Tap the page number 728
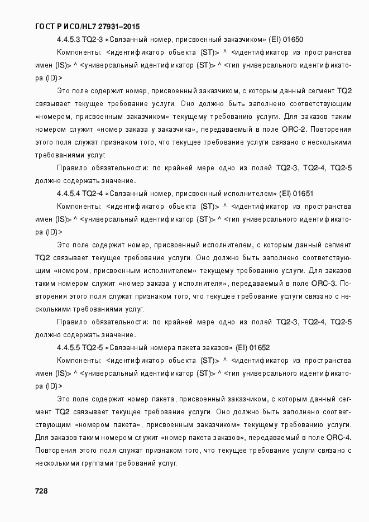tap(41, 491)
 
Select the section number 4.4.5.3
tap(68, 40)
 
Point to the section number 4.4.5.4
tap(68, 193)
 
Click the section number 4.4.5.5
tap(68, 347)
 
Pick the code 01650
tap(294, 40)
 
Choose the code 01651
tap(303, 193)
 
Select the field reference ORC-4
tap(339, 437)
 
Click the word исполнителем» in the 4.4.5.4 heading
tap(249, 193)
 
